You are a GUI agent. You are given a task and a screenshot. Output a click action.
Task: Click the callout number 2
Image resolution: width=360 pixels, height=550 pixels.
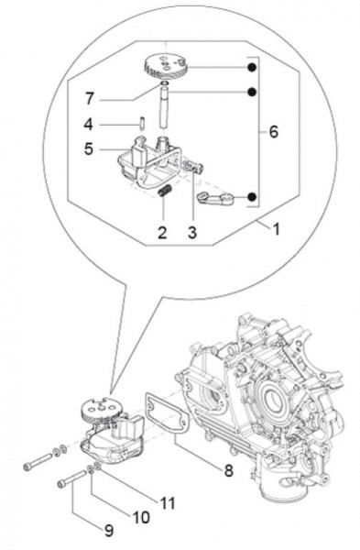click(161, 234)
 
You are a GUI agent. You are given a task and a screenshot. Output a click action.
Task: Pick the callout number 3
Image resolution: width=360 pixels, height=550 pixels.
click(193, 234)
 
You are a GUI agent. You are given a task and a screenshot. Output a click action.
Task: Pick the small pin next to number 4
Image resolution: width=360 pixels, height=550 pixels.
click(143, 123)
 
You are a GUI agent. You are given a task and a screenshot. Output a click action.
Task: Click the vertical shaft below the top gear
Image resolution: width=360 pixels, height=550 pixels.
click(163, 115)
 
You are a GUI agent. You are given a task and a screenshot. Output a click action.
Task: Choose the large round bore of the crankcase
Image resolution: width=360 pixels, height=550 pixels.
click(275, 376)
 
